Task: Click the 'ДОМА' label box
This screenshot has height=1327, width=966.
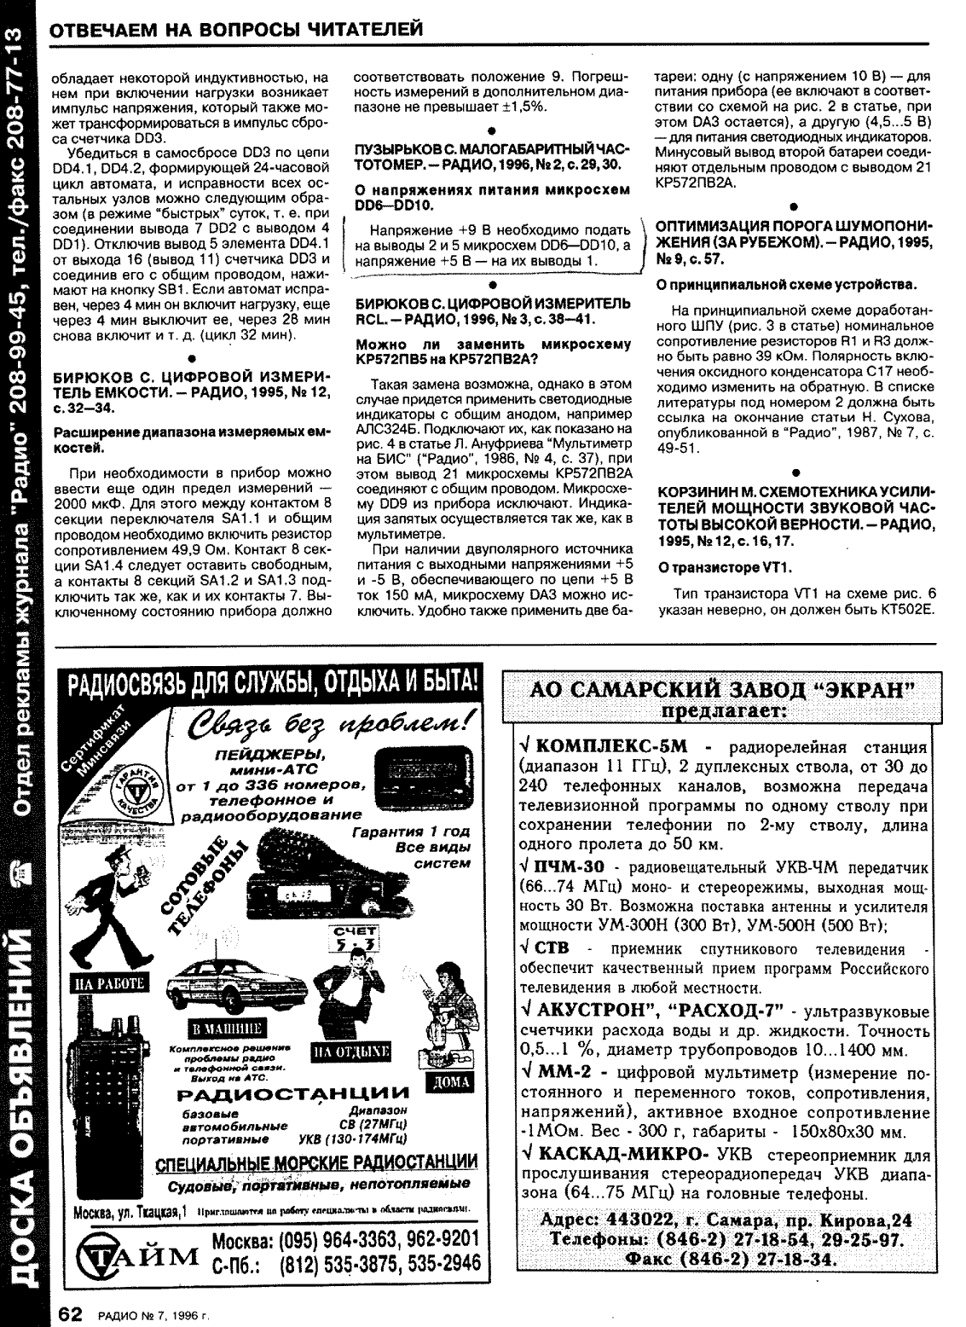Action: pyautogui.click(x=448, y=1084)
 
